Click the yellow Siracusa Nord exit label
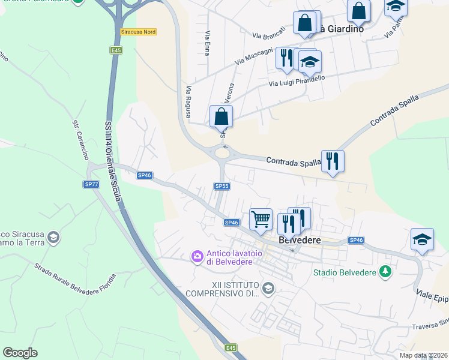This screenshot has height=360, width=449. [138, 31]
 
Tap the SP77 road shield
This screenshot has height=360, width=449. [91, 184]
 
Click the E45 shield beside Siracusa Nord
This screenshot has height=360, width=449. [116, 50]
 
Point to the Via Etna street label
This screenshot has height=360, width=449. [207, 43]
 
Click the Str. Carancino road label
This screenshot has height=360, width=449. [80, 139]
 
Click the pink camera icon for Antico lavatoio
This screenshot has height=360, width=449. [197, 257]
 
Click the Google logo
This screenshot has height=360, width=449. [20, 352]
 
